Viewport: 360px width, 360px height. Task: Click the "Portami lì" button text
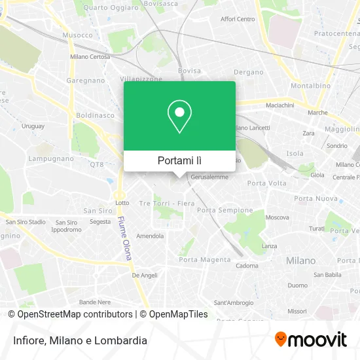pos(179,160)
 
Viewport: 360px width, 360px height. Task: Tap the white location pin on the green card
pos(179,117)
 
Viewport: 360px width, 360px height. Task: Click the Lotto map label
pos(122,203)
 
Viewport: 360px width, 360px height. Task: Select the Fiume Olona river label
pos(125,239)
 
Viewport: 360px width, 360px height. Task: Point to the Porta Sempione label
pos(225,210)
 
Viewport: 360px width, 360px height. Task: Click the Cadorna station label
pos(247,266)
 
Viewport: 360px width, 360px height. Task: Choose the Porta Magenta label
pos(205,259)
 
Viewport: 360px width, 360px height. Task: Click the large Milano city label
pos(300,261)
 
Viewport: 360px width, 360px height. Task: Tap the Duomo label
pos(298,285)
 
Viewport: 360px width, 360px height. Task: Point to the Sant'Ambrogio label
pos(233,302)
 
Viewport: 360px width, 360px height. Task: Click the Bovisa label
pos(189,71)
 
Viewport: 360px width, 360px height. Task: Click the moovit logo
pos(310,339)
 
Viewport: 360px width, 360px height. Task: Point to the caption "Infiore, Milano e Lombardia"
pos(77,340)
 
